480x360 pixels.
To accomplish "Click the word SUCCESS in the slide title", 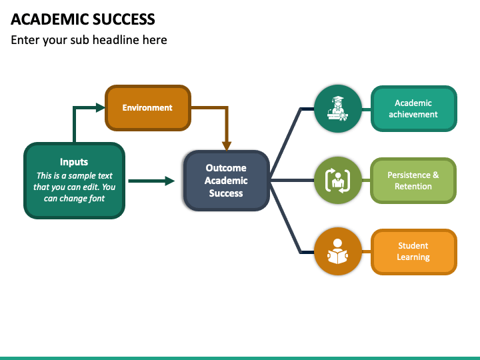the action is click(x=124, y=19).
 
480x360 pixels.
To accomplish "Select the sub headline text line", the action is click(x=89, y=40).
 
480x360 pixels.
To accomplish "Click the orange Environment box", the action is click(x=148, y=108).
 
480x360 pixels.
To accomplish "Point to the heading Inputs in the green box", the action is click(x=74, y=161).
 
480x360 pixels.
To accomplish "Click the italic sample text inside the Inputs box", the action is click(x=74, y=187).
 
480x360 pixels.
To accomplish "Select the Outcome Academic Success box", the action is click(x=226, y=181).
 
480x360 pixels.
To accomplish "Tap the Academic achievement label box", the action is click(x=413, y=109).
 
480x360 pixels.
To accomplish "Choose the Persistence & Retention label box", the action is click(x=413, y=181).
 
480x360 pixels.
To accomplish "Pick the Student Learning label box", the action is click(x=413, y=251).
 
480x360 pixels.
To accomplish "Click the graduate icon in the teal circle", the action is click(x=337, y=109).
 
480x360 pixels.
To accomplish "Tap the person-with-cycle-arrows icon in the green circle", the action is click(x=337, y=181).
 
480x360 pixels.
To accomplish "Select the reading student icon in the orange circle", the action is click(x=337, y=251).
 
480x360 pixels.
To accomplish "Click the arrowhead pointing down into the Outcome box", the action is click(x=227, y=146).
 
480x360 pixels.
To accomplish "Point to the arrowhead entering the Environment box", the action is click(x=100, y=107).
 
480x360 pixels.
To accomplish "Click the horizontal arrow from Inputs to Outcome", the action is click(x=151, y=181).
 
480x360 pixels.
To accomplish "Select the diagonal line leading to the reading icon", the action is click(x=285, y=217).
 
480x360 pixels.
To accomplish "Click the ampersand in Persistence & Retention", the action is click(x=435, y=175).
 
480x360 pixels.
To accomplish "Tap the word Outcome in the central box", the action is click(x=226, y=168).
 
